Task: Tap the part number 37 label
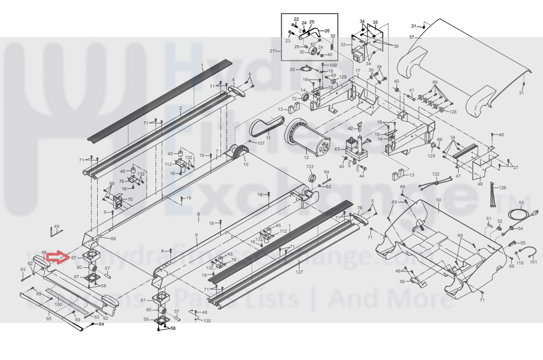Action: pos(411,37)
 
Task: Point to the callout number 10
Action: pos(245,165)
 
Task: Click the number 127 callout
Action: pos(299,272)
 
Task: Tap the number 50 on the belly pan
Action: pos(438,200)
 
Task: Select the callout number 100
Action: pos(58,304)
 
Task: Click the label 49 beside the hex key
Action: pos(57,226)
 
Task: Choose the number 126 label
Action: pos(503,187)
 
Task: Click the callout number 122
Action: pos(436,174)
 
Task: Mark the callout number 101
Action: pos(533,262)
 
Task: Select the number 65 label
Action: pos(49,319)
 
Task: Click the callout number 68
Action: pos(113,238)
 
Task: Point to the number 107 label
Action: pos(261,143)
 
